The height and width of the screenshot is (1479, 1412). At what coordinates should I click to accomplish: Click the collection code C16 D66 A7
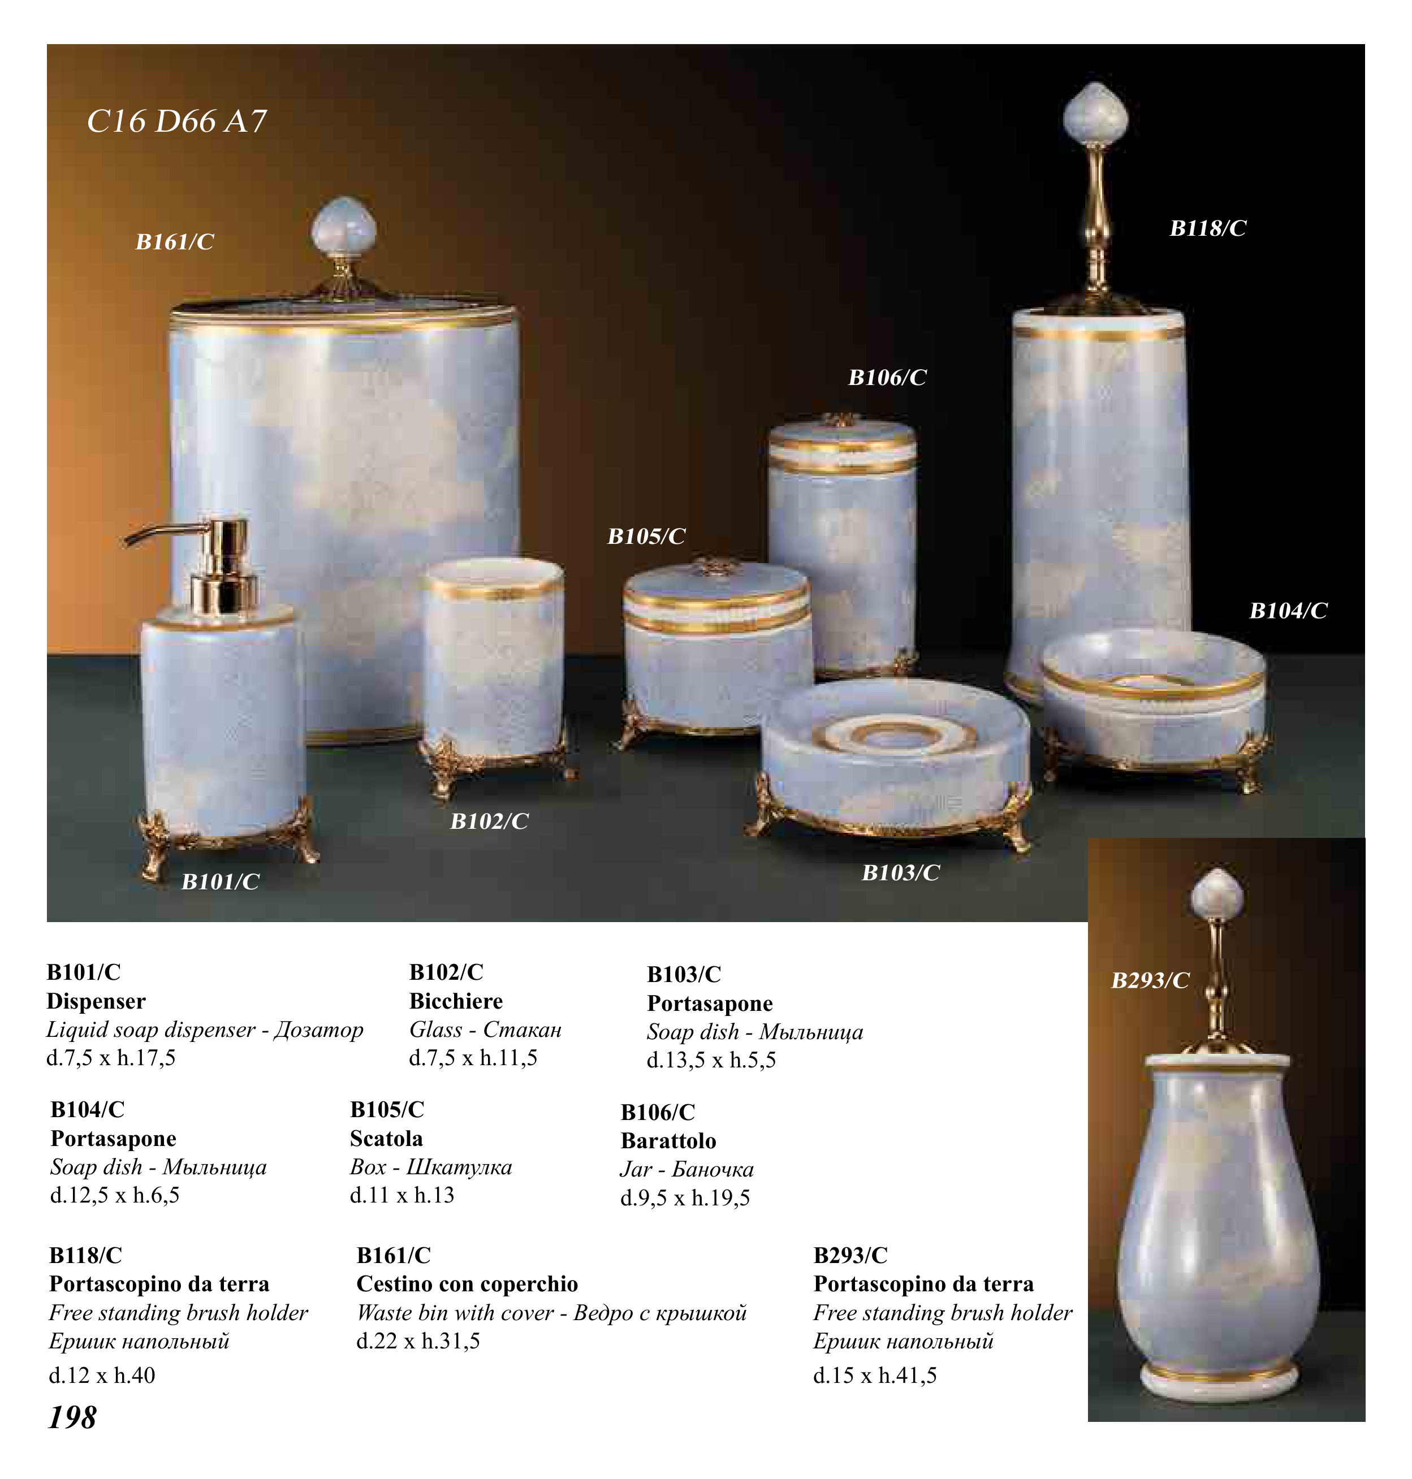(x=177, y=121)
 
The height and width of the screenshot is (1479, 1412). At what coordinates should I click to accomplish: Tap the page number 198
(x=72, y=1417)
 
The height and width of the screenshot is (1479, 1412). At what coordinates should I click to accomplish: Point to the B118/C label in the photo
(x=1207, y=228)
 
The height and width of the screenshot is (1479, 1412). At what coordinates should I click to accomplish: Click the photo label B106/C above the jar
(x=887, y=377)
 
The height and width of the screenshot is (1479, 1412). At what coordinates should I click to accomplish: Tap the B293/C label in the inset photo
(x=1150, y=980)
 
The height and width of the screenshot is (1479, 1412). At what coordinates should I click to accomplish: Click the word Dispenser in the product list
(x=96, y=1001)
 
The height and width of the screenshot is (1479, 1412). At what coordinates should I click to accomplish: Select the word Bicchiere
(x=456, y=1001)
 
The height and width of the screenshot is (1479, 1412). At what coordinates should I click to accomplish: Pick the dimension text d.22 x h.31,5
(x=418, y=1340)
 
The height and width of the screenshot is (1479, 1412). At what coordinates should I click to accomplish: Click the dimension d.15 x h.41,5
(x=875, y=1375)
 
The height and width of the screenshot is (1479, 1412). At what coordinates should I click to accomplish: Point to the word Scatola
(x=386, y=1138)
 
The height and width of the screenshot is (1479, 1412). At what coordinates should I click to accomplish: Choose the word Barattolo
(x=668, y=1140)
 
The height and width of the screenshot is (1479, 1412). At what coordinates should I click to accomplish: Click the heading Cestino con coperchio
(x=468, y=1283)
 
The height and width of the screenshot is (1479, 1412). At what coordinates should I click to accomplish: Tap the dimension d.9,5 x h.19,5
(x=685, y=1197)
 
